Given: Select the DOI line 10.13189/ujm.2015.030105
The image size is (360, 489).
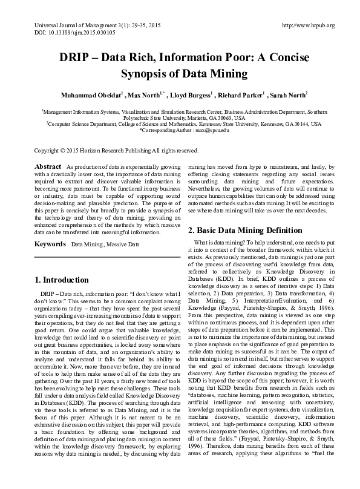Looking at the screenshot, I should click(71, 33).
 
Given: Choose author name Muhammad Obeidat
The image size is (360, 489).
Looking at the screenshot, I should click(91, 96).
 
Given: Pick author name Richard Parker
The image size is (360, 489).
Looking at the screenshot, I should click(244, 96).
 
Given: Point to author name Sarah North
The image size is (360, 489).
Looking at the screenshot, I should click(289, 96).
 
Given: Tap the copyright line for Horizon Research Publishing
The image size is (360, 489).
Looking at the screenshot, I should click(116, 150).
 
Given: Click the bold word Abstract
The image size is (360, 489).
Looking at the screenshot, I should click(48, 166).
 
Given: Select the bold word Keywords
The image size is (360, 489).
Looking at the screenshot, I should click(50, 244).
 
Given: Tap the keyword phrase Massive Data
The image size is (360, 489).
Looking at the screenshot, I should click(122, 244).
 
